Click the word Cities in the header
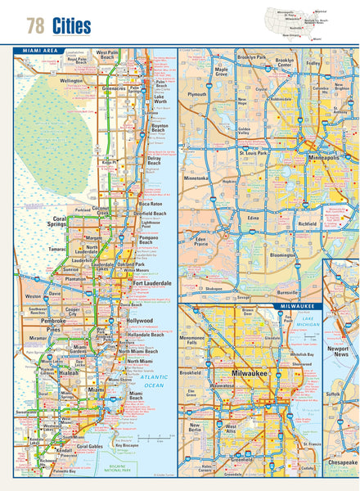click(71, 26)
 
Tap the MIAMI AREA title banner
click(40, 51)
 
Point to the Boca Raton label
click(151, 203)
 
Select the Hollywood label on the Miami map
click(140, 321)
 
